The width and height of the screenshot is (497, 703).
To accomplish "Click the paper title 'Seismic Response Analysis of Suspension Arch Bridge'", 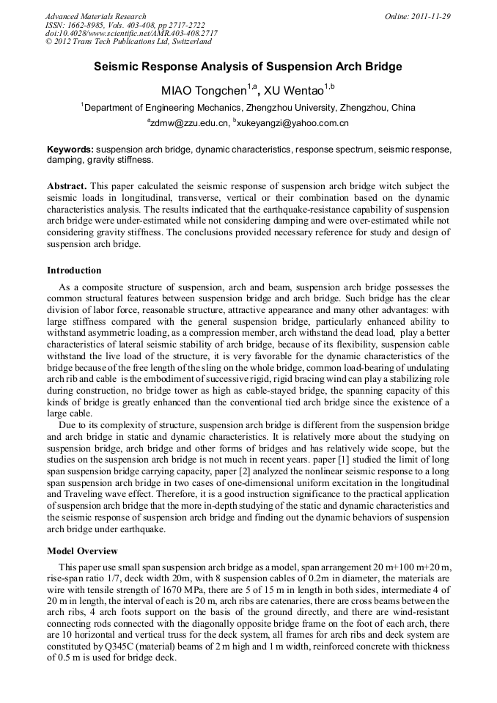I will point(248,67).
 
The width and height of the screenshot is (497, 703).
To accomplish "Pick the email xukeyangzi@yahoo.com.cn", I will point(292,123).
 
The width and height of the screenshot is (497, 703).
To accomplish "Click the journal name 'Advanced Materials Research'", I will point(95,16).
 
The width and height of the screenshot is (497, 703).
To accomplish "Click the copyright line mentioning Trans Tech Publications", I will point(128,43).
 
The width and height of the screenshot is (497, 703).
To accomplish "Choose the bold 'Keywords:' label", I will point(70,149).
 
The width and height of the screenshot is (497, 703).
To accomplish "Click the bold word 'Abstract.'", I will point(67,187).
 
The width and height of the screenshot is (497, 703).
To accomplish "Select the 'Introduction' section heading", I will point(74,270).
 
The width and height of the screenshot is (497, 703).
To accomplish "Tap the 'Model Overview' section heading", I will point(81,551).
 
